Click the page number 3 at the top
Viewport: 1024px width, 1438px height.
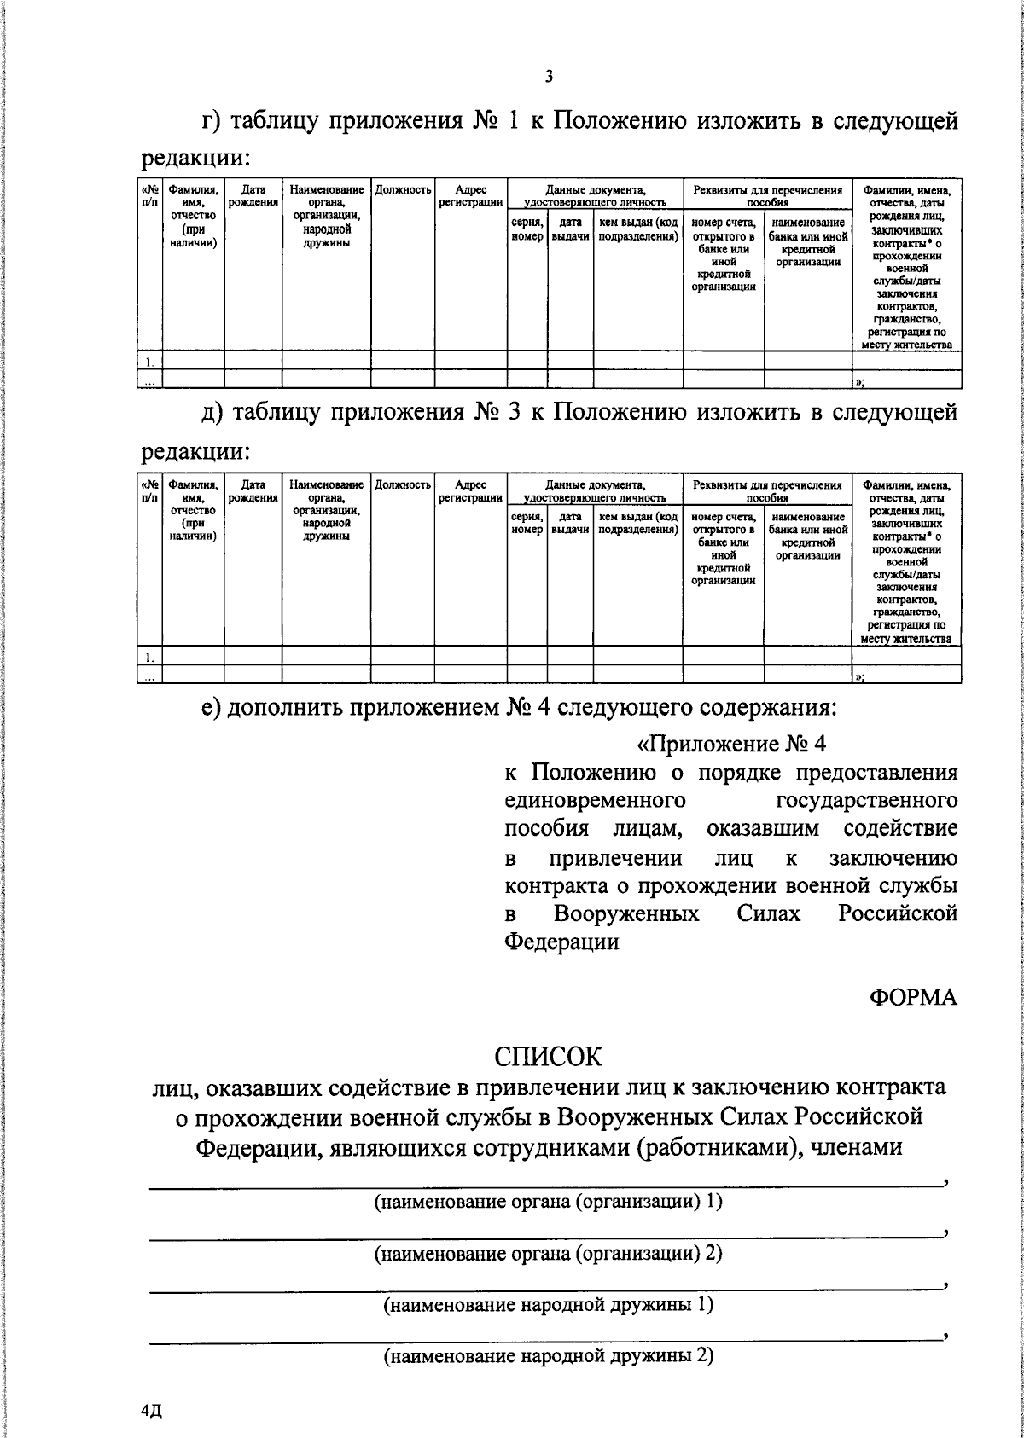(x=549, y=77)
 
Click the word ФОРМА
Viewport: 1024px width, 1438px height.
(x=913, y=997)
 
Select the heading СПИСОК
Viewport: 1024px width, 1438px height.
(x=548, y=1056)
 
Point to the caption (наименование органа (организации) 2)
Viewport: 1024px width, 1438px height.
(x=548, y=1253)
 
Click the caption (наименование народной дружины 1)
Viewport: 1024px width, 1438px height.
(x=548, y=1304)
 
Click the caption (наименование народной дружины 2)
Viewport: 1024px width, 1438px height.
(x=548, y=1355)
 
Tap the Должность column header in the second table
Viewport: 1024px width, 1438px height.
(x=403, y=484)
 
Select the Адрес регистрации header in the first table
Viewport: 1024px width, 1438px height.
(x=470, y=196)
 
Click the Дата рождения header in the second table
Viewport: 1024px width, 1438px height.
(x=253, y=490)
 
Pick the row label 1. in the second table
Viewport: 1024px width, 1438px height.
(x=149, y=656)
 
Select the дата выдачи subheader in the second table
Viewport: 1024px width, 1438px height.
(x=570, y=523)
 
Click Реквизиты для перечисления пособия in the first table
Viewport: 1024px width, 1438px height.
(x=766, y=196)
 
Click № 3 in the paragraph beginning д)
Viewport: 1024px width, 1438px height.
(x=497, y=414)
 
